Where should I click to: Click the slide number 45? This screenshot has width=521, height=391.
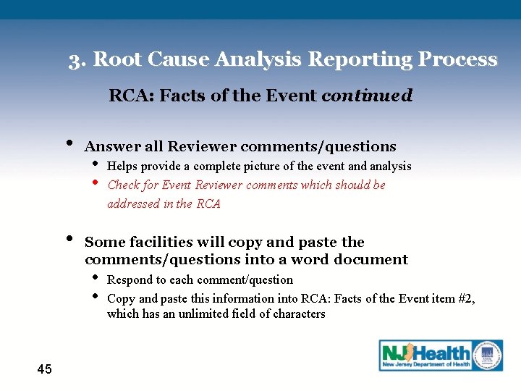pos(44,369)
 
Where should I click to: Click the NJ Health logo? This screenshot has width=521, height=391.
pos(441,356)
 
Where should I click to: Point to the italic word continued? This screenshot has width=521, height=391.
pos(366,96)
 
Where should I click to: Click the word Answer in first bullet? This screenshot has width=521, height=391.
pos(112,147)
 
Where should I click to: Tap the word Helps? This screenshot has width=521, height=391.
pos(122,167)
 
